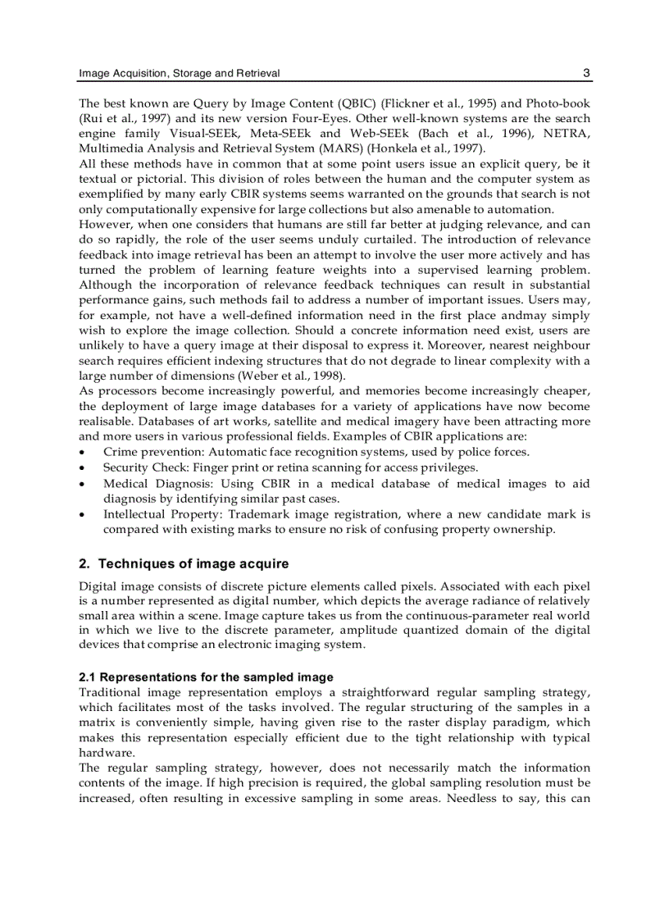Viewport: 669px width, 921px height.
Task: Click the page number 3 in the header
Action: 586,73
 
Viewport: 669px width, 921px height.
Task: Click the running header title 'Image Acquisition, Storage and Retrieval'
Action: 179,74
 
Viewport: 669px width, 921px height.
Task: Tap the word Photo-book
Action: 557,103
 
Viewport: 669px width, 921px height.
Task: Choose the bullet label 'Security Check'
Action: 142,467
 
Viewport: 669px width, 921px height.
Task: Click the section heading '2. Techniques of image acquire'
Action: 184,564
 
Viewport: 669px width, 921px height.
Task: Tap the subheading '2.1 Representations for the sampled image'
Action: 206,677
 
